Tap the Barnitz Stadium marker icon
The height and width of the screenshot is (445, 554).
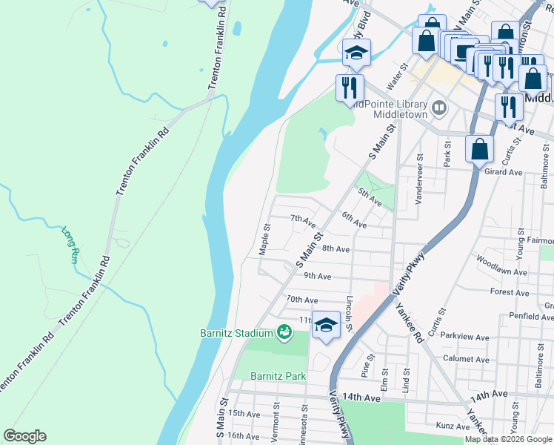(283, 332)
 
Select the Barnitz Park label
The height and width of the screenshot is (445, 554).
(278, 376)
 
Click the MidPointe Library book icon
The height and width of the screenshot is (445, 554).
(439, 109)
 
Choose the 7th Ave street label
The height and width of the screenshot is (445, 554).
(302, 220)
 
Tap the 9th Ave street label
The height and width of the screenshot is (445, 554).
(318, 276)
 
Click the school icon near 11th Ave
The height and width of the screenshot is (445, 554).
(326, 325)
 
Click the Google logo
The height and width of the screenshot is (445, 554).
(24, 436)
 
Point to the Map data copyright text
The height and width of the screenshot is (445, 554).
(508, 439)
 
